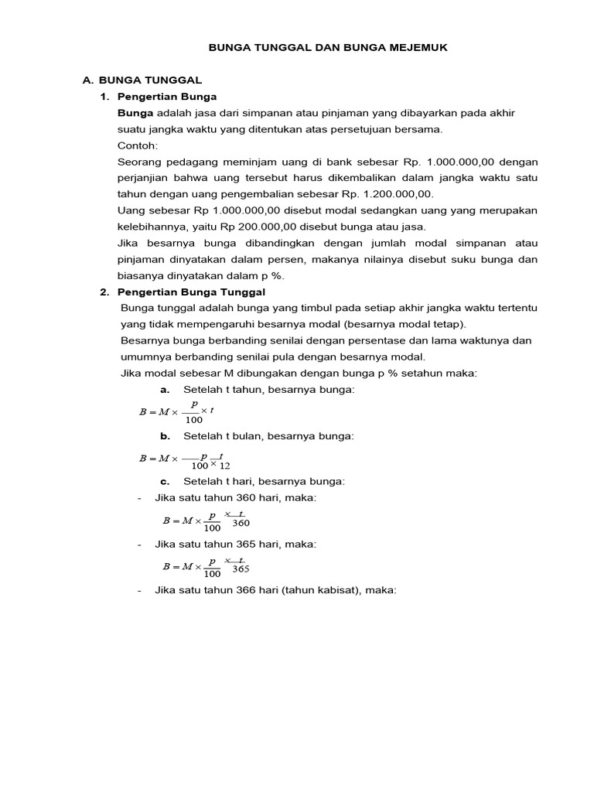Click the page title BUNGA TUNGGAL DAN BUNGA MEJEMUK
click(x=328, y=48)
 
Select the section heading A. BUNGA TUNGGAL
click(x=142, y=80)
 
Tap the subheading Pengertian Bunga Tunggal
click(x=191, y=292)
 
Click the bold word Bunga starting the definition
click(x=135, y=113)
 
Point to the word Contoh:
click(x=137, y=145)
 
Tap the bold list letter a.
click(x=165, y=389)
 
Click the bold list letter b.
click(x=165, y=436)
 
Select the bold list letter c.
click(x=165, y=481)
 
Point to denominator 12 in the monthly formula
click(x=225, y=466)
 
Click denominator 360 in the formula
click(x=241, y=523)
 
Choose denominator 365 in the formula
click(x=241, y=569)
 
